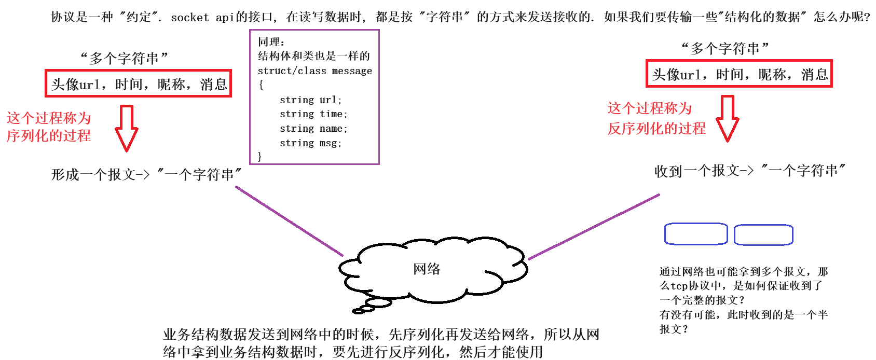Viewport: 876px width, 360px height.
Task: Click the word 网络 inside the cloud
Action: (x=427, y=269)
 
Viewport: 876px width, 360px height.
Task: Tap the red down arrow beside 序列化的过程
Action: (x=126, y=128)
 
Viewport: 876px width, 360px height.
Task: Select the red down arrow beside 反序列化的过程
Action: (x=728, y=118)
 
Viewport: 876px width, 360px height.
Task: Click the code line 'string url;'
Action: (x=310, y=100)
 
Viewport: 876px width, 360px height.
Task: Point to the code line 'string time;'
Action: (x=313, y=114)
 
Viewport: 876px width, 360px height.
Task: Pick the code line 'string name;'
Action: (x=313, y=129)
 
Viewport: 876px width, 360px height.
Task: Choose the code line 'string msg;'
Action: (x=310, y=143)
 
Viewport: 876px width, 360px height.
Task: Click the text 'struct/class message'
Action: (x=314, y=71)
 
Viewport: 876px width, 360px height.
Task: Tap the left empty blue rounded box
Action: (x=696, y=234)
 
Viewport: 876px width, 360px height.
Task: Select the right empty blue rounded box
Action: (x=763, y=234)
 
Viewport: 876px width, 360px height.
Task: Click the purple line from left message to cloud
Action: (x=289, y=221)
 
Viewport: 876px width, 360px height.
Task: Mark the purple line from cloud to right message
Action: (x=594, y=226)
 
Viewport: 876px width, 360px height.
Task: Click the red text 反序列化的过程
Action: (x=656, y=128)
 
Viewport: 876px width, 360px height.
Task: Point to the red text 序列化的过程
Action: (x=48, y=136)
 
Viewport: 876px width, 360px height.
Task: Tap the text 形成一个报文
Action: (x=93, y=175)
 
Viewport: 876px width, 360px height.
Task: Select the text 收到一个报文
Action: (x=697, y=171)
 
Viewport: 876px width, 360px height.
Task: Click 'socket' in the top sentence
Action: (x=189, y=18)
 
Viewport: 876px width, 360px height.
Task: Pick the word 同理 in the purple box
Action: (x=269, y=42)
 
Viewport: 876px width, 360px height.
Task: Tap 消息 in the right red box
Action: (x=814, y=75)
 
